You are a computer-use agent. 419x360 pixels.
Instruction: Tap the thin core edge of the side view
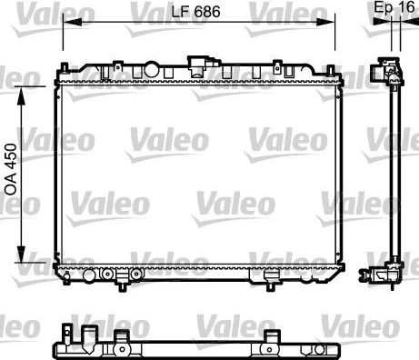click(x=394, y=173)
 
